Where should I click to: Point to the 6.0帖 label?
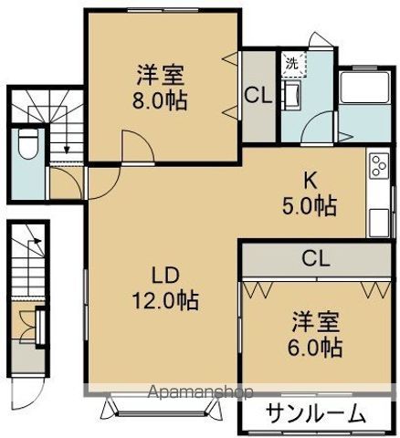[x=317, y=347]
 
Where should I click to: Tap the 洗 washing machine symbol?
[x=291, y=64]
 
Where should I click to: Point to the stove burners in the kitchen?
[x=376, y=168]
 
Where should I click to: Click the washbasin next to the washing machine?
[x=293, y=96]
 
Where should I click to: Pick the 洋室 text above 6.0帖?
[x=317, y=321]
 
